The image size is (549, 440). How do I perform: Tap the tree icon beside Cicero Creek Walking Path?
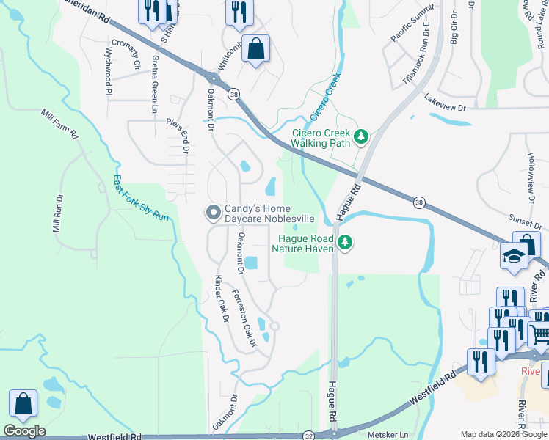pos(360,136)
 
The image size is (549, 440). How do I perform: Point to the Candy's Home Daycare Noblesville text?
pos(269,213)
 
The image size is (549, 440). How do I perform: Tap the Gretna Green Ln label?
pos(155,84)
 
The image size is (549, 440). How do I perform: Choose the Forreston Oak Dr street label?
pos(244,318)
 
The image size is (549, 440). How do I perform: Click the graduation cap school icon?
pos(515,256)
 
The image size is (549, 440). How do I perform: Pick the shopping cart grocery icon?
pos(539,335)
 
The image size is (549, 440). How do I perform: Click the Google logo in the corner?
pos(24,431)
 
